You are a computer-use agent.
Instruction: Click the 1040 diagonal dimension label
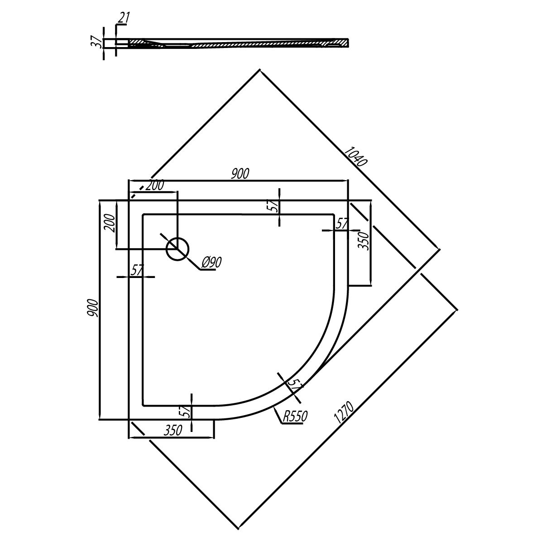pyautogui.click(x=356, y=156)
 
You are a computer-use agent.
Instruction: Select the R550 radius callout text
pyautogui.click(x=295, y=416)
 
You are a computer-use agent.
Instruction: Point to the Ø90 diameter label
pyautogui.click(x=211, y=262)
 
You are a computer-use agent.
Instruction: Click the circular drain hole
pyautogui.click(x=177, y=249)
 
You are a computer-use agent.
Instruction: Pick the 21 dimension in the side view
pyautogui.click(x=123, y=18)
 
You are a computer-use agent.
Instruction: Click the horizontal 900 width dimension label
pyautogui.click(x=240, y=174)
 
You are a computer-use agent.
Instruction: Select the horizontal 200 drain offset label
pyautogui.click(x=155, y=186)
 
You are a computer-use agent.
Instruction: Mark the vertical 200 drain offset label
pyautogui.click(x=110, y=223)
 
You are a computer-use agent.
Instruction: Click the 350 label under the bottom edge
pyautogui.click(x=172, y=431)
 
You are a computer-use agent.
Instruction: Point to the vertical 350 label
pyautogui.click(x=364, y=241)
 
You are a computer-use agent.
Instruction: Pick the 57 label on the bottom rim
pyautogui.click(x=186, y=412)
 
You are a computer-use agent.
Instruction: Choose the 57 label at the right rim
pyautogui.click(x=341, y=224)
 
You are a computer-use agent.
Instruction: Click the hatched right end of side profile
pyautogui.click(x=339, y=43)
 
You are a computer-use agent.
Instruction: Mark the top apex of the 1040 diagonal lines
pyautogui.click(x=259, y=69)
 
